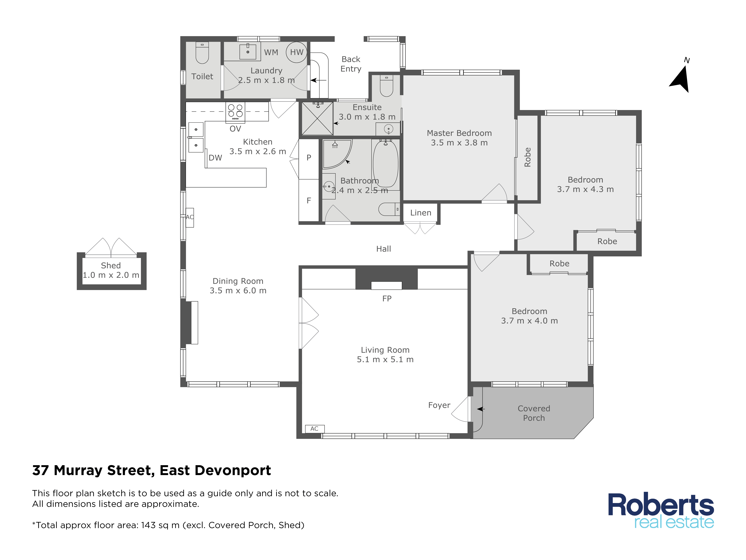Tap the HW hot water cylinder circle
296,52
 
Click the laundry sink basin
248,52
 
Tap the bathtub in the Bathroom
385,164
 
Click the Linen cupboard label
421,213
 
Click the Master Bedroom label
459,133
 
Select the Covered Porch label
534,413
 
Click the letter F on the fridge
309,201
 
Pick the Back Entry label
351,64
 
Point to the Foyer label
439,405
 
